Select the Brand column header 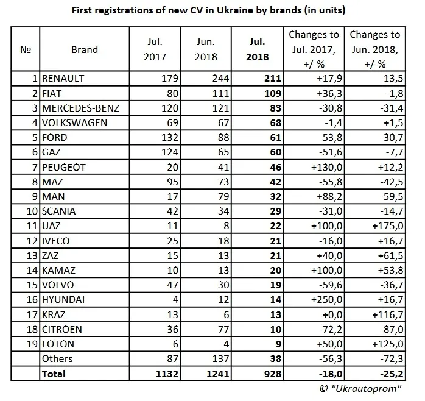click(85, 49)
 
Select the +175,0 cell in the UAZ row click(385, 225)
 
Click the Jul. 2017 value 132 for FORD click(158, 137)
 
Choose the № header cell click(24, 49)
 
